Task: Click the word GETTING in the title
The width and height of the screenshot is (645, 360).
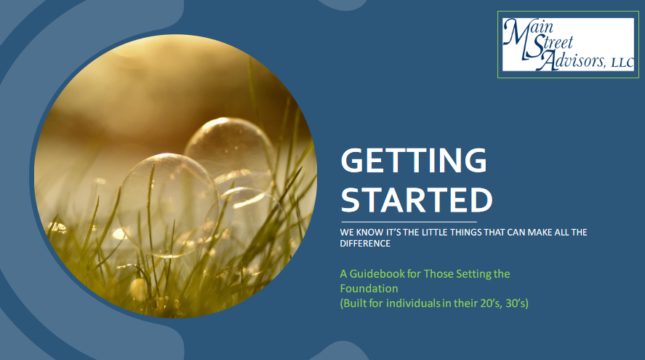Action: [414, 161]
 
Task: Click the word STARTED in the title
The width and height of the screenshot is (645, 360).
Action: [417, 201]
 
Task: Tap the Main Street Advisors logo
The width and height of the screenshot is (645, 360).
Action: [568, 44]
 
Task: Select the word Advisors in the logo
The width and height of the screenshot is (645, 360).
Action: [573, 60]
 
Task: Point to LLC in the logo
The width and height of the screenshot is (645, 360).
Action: [622, 63]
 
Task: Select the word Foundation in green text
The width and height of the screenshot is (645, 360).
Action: [369, 289]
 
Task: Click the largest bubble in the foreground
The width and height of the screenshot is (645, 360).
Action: [168, 205]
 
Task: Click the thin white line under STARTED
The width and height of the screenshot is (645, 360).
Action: [409, 222]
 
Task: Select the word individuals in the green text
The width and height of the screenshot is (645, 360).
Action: [413, 303]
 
